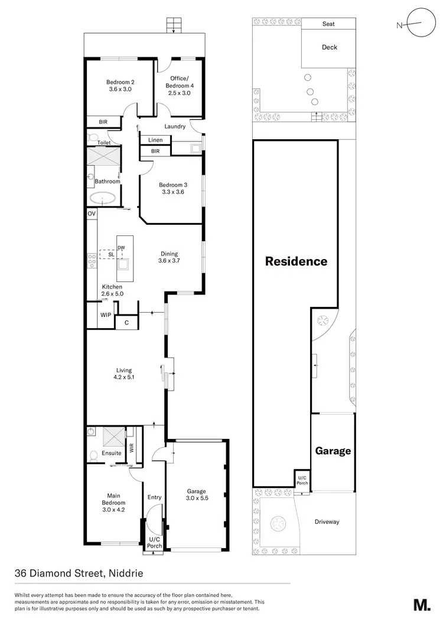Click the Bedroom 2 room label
(120, 86)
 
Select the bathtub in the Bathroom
(105, 199)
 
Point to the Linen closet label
(155, 140)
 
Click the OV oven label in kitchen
(92, 214)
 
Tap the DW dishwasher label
(121, 248)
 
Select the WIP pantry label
(105, 315)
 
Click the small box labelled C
(126, 323)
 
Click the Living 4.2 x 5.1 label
(123, 373)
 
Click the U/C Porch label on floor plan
(154, 542)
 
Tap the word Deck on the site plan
(330, 47)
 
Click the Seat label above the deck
(329, 24)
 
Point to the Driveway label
(327, 522)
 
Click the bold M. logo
(421, 605)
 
